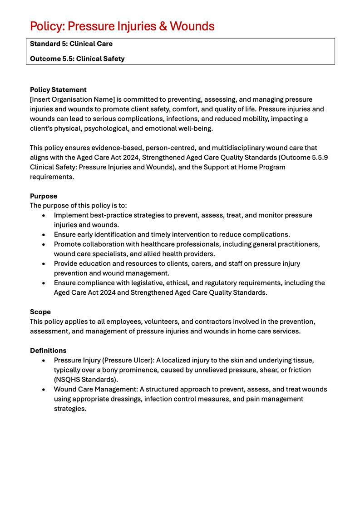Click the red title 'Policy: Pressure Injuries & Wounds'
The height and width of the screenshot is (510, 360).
click(x=122, y=26)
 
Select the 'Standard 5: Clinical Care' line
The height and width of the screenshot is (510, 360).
click(x=71, y=44)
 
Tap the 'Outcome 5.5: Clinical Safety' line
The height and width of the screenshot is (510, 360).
click(x=77, y=59)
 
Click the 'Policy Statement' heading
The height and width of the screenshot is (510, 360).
click(x=58, y=90)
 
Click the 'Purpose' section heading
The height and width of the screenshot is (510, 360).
click(x=44, y=196)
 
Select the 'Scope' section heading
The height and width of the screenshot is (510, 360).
click(x=40, y=312)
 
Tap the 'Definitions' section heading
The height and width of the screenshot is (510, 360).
click(x=48, y=351)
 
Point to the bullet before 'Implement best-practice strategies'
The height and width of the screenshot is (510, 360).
click(x=43, y=215)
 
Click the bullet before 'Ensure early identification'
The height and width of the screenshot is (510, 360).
click(x=43, y=235)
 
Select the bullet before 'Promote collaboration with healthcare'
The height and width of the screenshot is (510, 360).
click(x=43, y=244)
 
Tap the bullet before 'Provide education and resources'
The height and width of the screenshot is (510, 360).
click(x=43, y=264)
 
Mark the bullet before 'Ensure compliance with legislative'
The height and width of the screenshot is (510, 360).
click(x=43, y=283)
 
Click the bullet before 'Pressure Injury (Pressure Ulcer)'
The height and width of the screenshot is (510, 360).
click(x=43, y=361)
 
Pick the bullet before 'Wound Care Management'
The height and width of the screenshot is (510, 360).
click(x=43, y=390)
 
